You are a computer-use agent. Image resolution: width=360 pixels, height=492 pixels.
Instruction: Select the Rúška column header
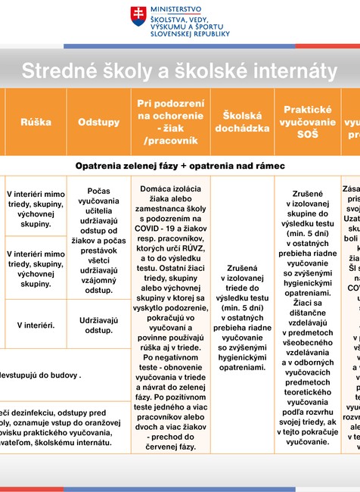[x=36, y=122]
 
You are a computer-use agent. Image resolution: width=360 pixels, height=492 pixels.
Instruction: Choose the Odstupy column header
[x=98, y=122]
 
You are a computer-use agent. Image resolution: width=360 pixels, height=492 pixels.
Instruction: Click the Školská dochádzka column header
[x=241, y=122]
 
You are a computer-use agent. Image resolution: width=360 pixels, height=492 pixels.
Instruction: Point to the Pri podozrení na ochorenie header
[x=171, y=121]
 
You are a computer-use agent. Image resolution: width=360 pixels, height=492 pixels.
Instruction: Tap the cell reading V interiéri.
[x=36, y=325]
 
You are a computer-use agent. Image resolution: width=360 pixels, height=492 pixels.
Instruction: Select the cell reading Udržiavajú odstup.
[x=98, y=324]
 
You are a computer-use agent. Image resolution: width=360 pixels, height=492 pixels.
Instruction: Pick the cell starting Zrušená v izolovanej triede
[x=241, y=318]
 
